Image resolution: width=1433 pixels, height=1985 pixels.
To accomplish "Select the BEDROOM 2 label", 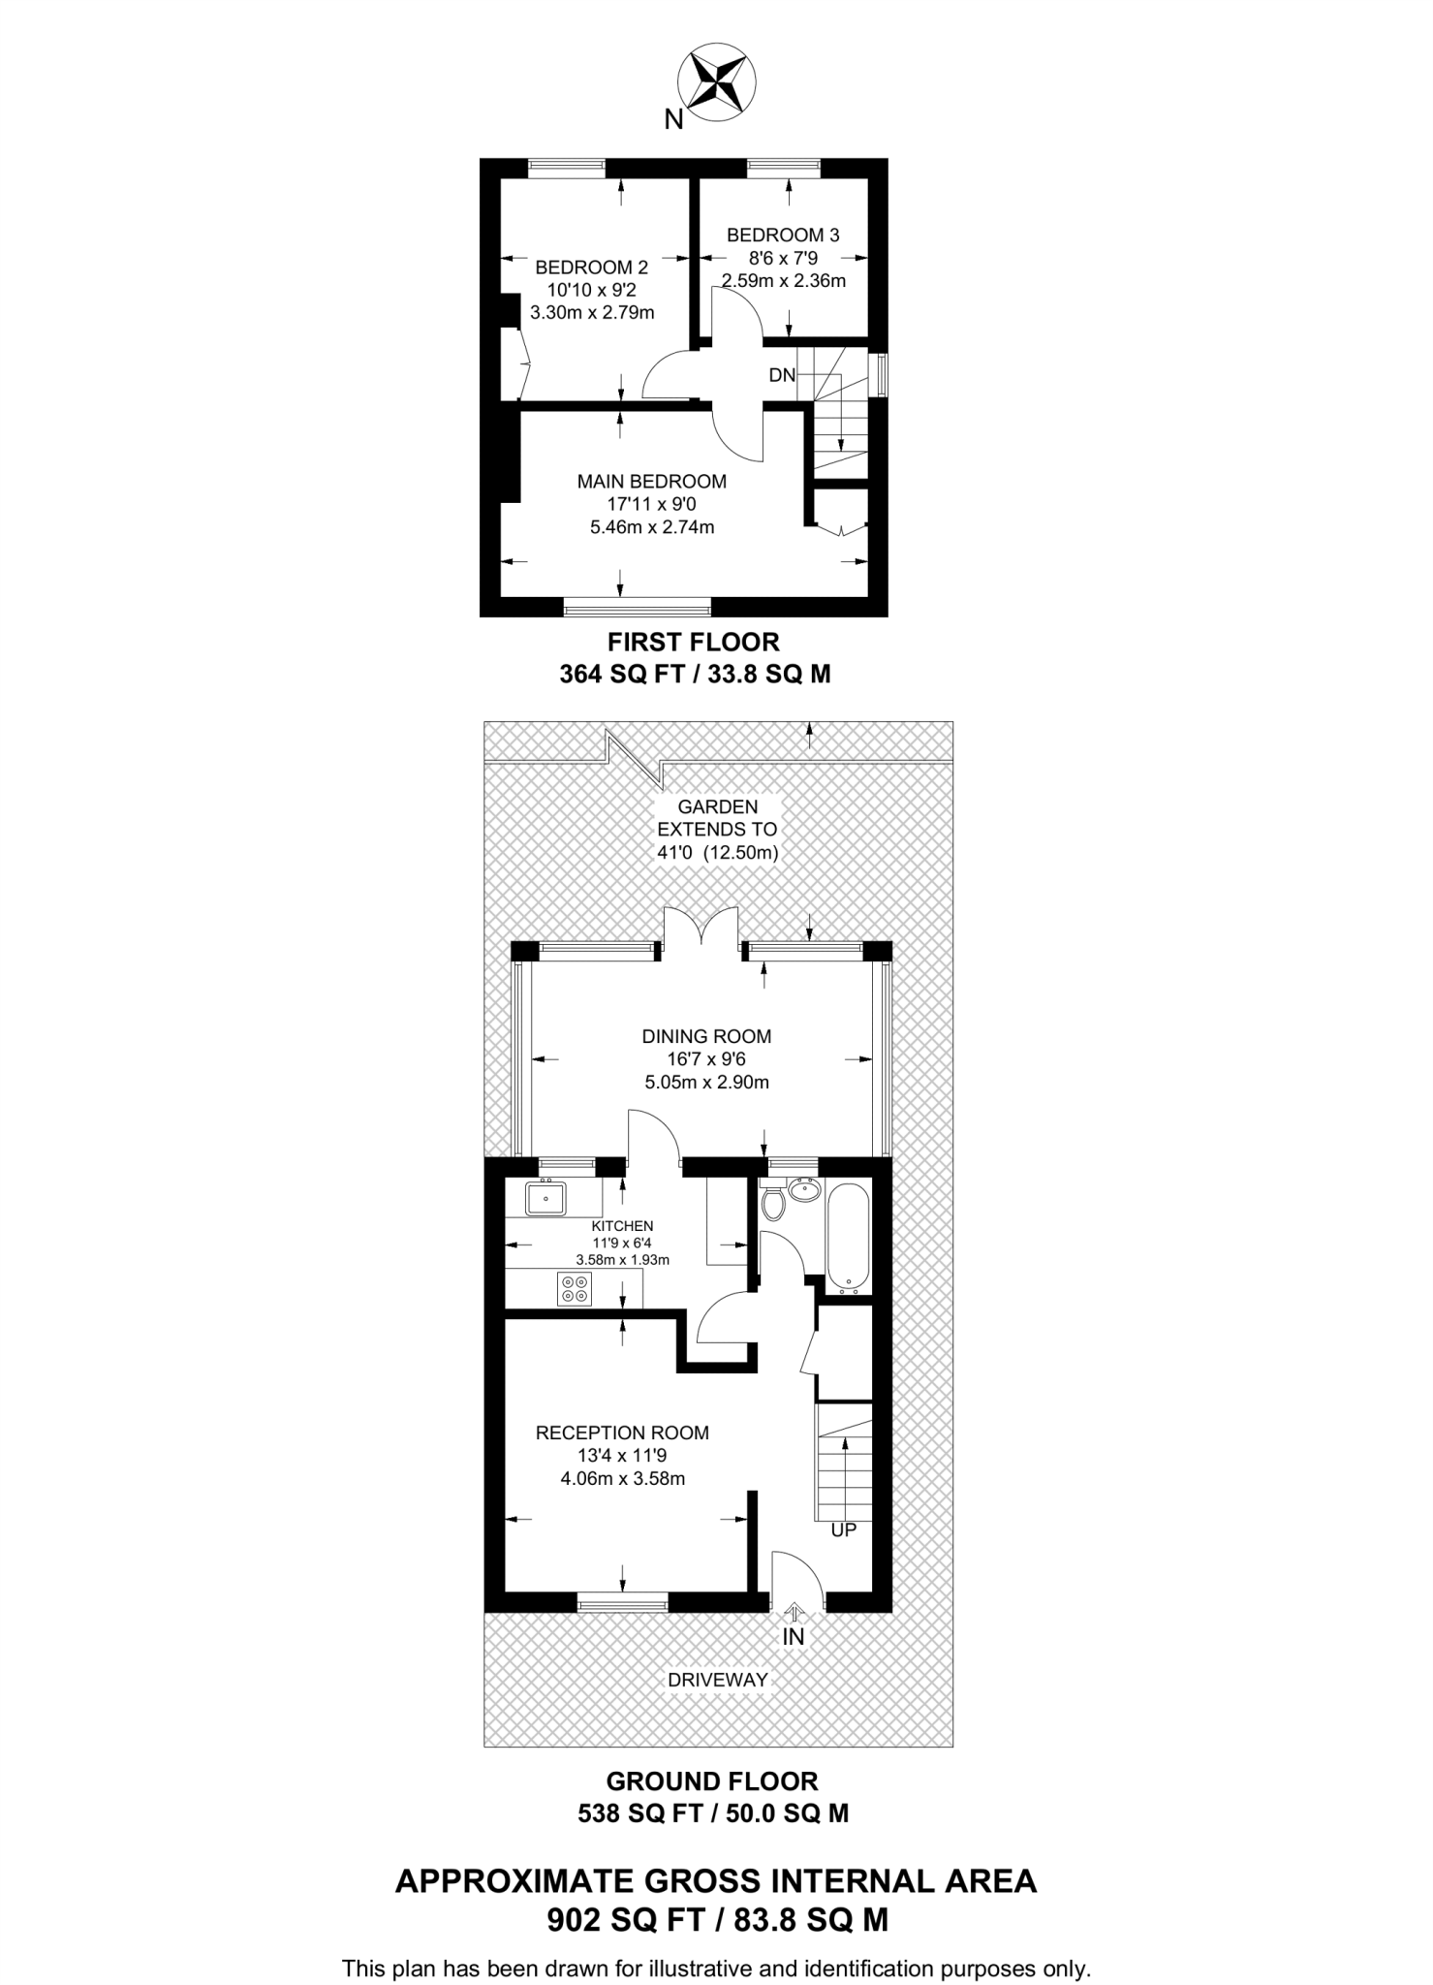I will point(591,267).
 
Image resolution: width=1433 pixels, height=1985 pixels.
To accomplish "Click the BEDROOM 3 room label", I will point(783,235).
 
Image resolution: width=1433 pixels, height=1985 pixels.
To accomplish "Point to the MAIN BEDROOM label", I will point(651,481).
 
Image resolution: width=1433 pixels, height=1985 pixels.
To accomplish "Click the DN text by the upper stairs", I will point(781,375).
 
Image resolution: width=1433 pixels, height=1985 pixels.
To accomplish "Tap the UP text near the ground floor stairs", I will point(843,1530).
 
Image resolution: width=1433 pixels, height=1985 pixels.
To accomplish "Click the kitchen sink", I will point(546,1200).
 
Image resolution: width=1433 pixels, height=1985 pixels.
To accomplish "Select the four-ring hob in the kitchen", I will point(574,1288).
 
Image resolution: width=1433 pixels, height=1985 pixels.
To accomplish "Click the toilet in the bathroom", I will point(773,1203).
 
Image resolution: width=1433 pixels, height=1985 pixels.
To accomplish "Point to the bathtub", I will point(850,1238).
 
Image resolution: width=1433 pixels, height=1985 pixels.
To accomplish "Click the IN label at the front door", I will point(794,1637).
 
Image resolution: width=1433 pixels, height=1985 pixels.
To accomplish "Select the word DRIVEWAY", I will point(717,1680).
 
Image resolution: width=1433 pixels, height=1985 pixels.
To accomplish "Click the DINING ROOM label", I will point(706,1036).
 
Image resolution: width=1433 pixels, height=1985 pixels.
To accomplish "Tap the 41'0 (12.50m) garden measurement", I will point(717,853).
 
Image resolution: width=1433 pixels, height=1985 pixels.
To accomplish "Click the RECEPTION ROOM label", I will point(622,1433).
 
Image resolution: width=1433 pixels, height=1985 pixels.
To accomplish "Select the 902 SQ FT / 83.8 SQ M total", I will point(717,1921).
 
